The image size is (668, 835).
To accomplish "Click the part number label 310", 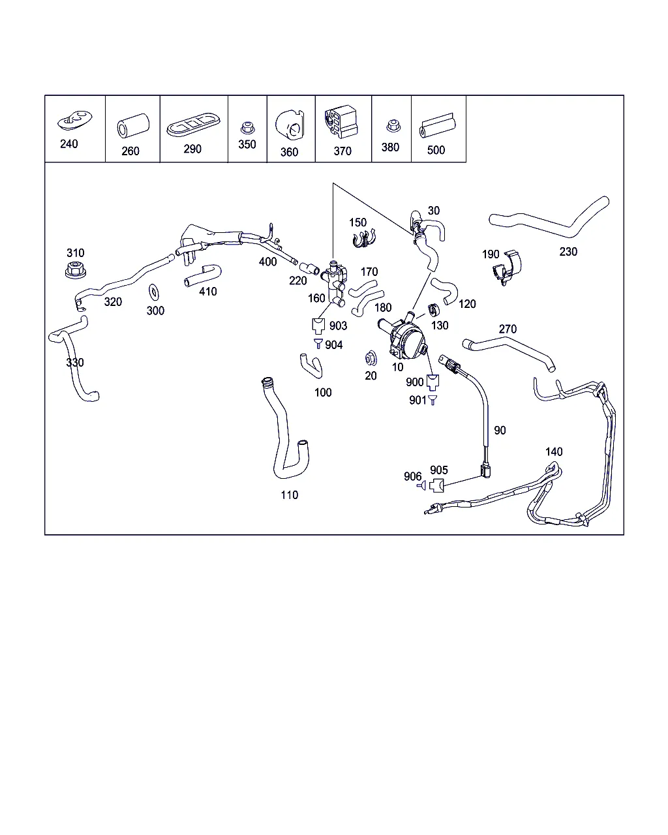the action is [x=75, y=253].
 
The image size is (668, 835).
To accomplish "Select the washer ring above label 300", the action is [x=154, y=292].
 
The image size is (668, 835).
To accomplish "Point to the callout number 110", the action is [x=290, y=494].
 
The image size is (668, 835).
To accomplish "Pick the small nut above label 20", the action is [x=371, y=359].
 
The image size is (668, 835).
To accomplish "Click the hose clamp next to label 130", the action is [x=434, y=310].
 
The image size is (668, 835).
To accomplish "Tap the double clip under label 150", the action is [x=364, y=239].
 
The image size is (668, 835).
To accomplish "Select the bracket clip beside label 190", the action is [x=506, y=267].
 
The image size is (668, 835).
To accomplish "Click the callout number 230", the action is [x=568, y=252].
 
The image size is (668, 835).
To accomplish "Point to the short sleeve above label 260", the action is [x=133, y=125].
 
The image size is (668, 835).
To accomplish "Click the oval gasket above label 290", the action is [x=193, y=125].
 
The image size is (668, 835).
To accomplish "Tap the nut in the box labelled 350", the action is [x=247, y=128].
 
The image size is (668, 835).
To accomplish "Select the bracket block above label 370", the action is [x=341, y=121].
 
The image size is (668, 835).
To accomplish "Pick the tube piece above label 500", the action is [x=438, y=125].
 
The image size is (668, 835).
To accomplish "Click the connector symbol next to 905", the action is [x=436, y=485].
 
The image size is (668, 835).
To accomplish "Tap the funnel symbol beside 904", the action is [x=318, y=343].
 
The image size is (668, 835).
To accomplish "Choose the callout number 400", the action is [x=268, y=262].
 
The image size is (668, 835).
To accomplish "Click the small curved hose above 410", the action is [x=203, y=276].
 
